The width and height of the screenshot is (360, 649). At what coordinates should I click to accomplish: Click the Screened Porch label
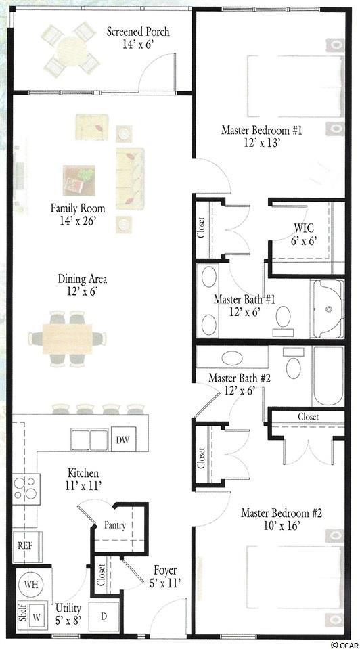point(138,32)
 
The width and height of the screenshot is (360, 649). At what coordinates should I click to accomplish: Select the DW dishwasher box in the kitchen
point(123,439)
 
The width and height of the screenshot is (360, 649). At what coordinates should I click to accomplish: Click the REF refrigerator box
point(25,545)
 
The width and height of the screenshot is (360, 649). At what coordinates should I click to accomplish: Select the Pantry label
point(114,526)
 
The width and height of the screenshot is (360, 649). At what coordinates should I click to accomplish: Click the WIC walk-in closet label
point(304,227)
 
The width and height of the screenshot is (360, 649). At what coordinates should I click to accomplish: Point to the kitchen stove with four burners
point(26,489)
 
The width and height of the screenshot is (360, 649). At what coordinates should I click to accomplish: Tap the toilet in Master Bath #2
point(294,364)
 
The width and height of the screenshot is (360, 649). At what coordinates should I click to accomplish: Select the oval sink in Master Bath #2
point(233,357)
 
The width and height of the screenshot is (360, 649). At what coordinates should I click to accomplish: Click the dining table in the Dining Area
point(67,338)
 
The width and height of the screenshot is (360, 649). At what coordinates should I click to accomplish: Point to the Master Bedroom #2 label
point(282,513)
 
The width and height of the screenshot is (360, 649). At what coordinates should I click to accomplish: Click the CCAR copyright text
point(344,644)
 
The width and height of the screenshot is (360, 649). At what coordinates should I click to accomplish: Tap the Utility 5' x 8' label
point(68,614)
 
